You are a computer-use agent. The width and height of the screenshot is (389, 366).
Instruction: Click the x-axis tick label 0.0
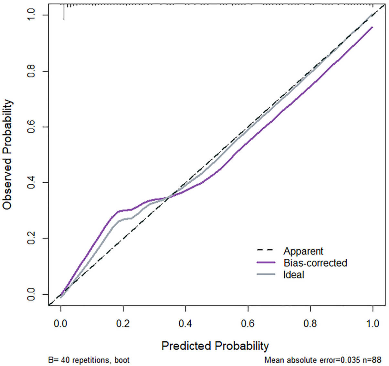61,324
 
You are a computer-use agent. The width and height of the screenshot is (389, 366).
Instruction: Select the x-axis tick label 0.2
123,324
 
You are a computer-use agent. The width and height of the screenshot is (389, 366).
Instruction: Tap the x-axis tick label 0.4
185,324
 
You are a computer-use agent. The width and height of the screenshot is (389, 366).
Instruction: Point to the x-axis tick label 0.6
248,324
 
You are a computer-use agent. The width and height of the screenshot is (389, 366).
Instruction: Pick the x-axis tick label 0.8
310,324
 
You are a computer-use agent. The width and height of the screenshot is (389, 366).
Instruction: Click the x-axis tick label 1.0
373,324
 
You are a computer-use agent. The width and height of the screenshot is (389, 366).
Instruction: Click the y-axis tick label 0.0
31,294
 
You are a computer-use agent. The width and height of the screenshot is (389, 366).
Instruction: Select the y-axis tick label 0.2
31,238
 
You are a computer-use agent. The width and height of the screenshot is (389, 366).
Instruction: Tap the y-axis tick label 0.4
31,183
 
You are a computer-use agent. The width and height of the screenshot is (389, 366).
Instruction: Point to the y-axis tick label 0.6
31,127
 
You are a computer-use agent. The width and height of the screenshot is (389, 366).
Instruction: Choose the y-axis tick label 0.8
31,71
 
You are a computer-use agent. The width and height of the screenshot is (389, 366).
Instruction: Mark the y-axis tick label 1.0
31,15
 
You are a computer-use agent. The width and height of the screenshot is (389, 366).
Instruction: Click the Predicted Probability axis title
215,346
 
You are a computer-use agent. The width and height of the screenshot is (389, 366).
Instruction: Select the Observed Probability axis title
8,155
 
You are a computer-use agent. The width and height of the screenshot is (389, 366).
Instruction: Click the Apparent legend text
303,251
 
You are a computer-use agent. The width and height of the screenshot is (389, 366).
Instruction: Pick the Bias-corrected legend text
315,263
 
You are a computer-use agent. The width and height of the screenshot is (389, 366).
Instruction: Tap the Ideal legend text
294,274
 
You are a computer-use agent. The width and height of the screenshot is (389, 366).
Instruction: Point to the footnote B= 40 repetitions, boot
89,360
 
